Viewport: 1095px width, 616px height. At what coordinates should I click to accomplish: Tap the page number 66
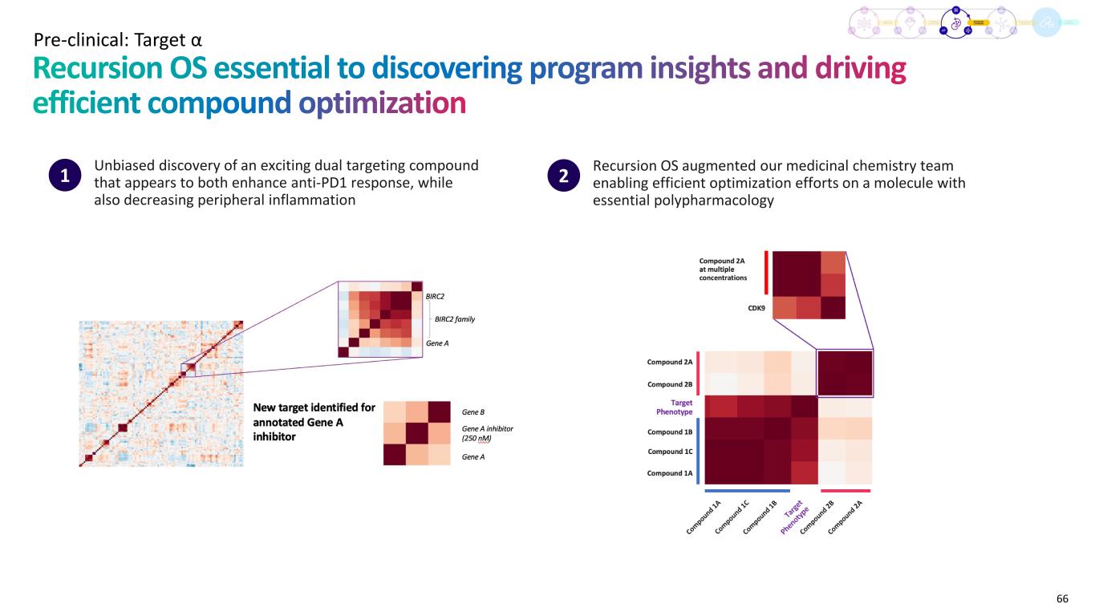coord(1062,598)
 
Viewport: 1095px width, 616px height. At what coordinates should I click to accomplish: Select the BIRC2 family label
coord(455,319)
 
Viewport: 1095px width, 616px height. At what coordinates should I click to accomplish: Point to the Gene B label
coord(474,411)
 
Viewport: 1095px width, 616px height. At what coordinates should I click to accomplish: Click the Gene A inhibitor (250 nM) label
coord(487,433)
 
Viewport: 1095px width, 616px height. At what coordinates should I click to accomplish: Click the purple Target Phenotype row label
coord(673,407)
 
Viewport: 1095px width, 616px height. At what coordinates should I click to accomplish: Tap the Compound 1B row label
coord(670,432)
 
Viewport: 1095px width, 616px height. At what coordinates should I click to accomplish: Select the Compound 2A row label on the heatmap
coord(670,363)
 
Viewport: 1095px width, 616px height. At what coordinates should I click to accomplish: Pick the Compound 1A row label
coord(670,473)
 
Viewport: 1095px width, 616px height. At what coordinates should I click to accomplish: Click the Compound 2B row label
coord(670,384)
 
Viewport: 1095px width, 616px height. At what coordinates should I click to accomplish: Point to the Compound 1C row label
coord(670,452)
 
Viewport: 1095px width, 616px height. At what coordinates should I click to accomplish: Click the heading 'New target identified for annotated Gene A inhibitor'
coord(314,422)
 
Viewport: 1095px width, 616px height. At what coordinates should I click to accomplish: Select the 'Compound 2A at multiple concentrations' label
coord(723,269)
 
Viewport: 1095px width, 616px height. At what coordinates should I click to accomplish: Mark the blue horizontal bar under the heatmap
coord(747,490)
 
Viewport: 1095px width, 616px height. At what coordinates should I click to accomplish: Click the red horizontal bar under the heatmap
coord(846,490)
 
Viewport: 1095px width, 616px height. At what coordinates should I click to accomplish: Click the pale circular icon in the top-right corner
coord(1045,24)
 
